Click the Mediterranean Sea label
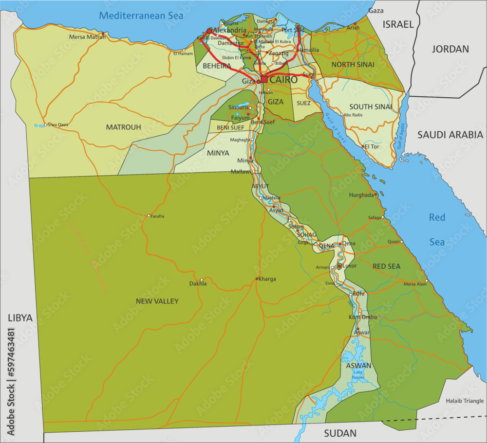[141, 16]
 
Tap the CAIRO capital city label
[283, 79]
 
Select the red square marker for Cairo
[264, 79]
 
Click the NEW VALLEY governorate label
[157, 301]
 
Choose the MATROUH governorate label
[123, 127]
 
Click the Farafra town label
[157, 216]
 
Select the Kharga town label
[267, 279]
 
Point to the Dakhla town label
[198, 283]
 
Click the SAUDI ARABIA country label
[450, 135]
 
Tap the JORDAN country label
[450, 49]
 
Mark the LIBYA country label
[20, 318]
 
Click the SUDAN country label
[340, 432]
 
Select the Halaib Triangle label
[465, 401]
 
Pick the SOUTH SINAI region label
[371, 106]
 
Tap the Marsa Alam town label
[414, 284]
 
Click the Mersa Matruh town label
[87, 36]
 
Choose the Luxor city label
[349, 266]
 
